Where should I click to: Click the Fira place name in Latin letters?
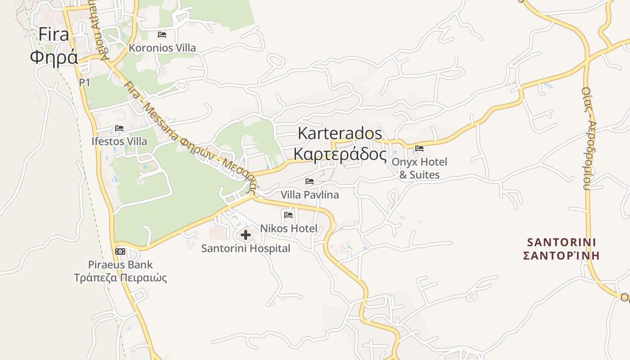[54, 35]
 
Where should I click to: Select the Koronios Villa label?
[162, 48]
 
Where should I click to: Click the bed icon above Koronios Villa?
[162, 34]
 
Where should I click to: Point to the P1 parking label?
[85, 82]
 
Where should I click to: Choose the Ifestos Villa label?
[119, 141]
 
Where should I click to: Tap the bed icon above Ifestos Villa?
[119, 128]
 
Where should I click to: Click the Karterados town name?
[340, 133]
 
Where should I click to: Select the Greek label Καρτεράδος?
[340, 154]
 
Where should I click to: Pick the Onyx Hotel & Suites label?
[419, 168]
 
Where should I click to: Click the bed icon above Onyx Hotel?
[419, 148]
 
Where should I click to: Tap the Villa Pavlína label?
[310, 195]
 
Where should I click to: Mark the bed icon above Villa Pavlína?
[310, 181]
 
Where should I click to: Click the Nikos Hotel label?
[288, 228]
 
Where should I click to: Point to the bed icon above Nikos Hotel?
[288, 215]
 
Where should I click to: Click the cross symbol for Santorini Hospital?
[246, 234]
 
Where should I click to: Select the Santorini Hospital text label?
[246, 248]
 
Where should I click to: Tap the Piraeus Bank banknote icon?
[120, 251]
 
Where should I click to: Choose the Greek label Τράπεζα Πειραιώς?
[120, 277]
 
